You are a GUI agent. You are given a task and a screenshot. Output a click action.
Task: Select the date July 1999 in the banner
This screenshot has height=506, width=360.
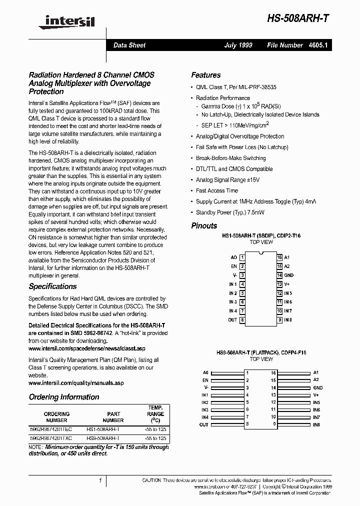click(238, 45)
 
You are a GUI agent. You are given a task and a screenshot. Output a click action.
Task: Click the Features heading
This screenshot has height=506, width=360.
click(206, 75)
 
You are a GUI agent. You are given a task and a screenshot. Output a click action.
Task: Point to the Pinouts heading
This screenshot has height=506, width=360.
click(204, 225)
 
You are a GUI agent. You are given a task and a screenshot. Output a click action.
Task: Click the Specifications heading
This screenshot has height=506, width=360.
click(52, 286)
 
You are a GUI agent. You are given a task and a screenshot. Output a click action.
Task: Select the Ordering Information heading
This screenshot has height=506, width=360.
click(64, 397)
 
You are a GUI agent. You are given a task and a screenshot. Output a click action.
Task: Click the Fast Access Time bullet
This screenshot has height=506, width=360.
click(217, 190)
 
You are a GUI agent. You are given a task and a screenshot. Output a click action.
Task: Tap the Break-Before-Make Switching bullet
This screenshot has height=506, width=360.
click(230, 158)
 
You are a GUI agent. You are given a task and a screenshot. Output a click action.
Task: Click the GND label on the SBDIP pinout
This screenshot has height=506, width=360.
click(288, 275)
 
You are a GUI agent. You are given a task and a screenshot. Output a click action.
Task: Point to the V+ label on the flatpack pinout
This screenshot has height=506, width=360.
click(316, 395)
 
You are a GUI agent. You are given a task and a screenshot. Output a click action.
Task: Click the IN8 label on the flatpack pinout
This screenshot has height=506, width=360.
click(316, 424)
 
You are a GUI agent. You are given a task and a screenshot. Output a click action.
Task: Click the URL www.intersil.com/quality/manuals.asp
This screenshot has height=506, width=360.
click(76, 383)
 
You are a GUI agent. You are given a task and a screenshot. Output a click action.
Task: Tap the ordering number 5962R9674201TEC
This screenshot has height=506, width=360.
click(51, 429)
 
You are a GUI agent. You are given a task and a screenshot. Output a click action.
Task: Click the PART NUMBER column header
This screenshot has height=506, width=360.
click(113, 417)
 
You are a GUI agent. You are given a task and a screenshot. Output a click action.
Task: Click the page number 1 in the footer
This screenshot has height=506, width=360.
click(100, 480)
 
